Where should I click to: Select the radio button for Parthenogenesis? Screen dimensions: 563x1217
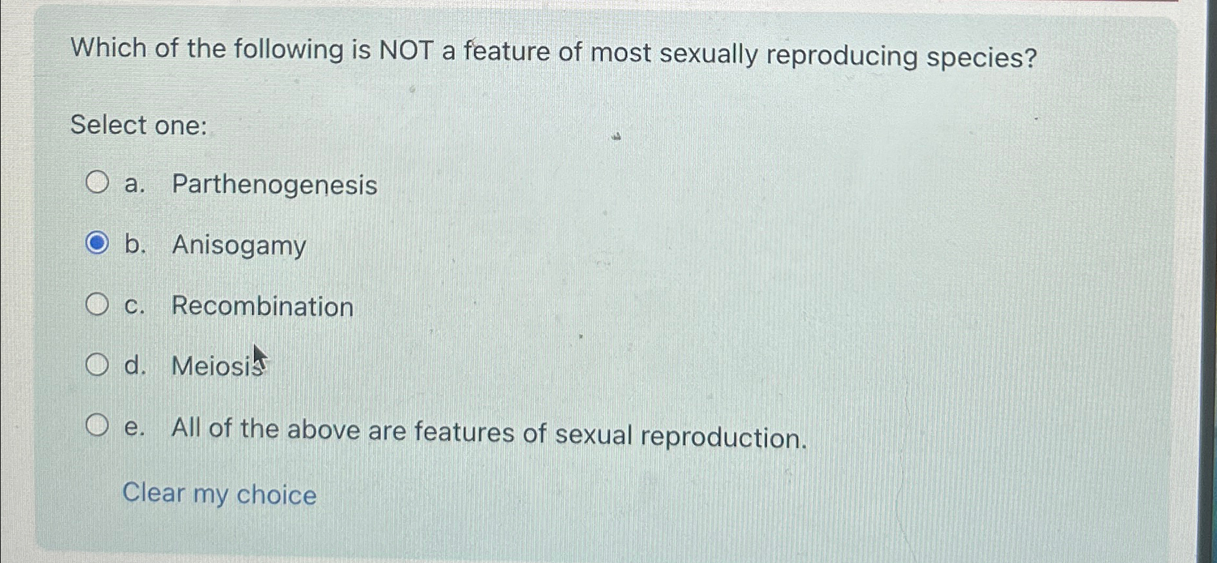[x=97, y=183]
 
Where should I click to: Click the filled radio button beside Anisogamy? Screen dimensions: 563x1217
[x=97, y=243]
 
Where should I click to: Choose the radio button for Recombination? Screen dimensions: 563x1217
[x=97, y=304]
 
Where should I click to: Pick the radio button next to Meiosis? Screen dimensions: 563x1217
[x=97, y=365]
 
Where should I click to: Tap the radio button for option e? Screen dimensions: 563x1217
[x=97, y=425]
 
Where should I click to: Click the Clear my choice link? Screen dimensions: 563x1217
[x=219, y=494]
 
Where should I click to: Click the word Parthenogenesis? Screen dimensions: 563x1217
[x=274, y=185]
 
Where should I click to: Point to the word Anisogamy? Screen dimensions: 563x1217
[x=239, y=246]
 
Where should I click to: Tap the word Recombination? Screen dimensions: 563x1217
[x=262, y=307]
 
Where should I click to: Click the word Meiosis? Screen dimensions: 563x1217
[x=215, y=366]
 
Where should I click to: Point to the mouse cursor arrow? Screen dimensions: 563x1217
[x=259, y=358]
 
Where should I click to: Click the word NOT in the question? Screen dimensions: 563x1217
[x=406, y=51]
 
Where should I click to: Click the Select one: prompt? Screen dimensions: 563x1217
[x=138, y=125]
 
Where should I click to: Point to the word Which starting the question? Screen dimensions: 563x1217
[x=108, y=48]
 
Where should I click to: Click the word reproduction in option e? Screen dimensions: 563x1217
[x=723, y=436]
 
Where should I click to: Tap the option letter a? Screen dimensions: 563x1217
[x=132, y=185]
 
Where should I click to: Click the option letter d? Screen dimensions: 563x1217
[x=133, y=365]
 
